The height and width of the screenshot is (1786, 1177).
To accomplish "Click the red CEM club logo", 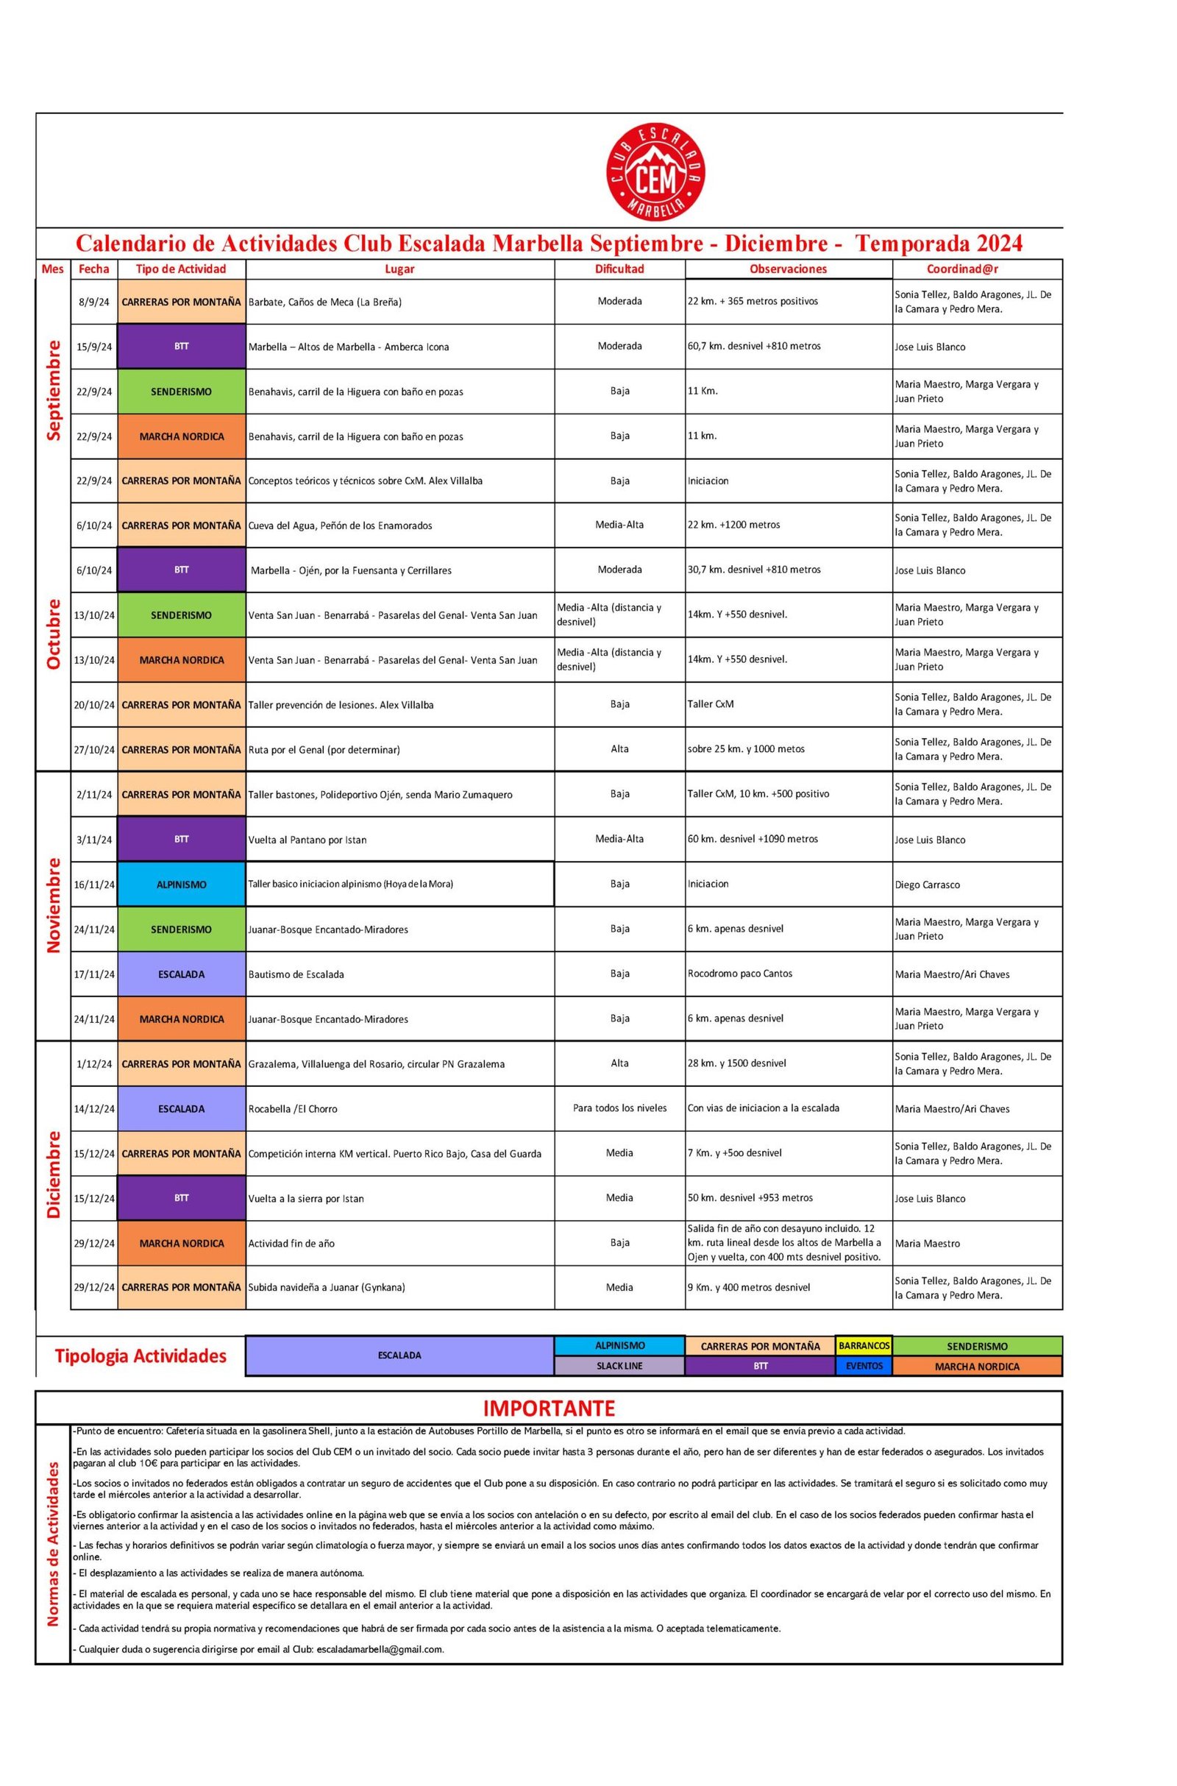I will pyautogui.click(x=655, y=174).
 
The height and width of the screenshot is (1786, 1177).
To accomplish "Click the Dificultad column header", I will pyautogui.click(x=619, y=269).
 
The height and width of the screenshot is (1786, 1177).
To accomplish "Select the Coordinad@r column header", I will pyautogui.click(x=977, y=269).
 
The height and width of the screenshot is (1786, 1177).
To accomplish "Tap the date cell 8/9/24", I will pyautogui.click(x=94, y=302).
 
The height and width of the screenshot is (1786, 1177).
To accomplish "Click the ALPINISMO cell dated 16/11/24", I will pyautogui.click(x=181, y=885).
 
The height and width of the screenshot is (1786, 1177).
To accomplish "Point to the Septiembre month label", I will pyautogui.click(x=53, y=390).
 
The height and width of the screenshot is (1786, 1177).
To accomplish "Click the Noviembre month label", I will pyautogui.click(x=53, y=905).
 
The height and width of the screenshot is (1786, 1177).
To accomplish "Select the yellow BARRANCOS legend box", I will pyautogui.click(x=864, y=1346).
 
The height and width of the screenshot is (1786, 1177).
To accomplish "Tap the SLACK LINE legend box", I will pyautogui.click(x=619, y=1367).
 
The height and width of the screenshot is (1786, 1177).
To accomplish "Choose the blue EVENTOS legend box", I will pyautogui.click(x=864, y=1367).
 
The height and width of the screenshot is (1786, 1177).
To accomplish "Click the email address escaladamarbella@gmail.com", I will pyautogui.click(x=380, y=1649).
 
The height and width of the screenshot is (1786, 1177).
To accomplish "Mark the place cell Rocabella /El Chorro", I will pyautogui.click(x=293, y=1109).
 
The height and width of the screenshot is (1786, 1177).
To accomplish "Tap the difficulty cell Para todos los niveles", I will pyautogui.click(x=619, y=1108).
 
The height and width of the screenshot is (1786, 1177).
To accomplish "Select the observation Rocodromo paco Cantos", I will pyautogui.click(x=739, y=974).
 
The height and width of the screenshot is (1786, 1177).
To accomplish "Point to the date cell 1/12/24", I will pyautogui.click(x=94, y=1064).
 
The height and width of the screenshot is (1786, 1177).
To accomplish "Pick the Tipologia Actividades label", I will pyautogui.click(x=141, y=1356).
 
